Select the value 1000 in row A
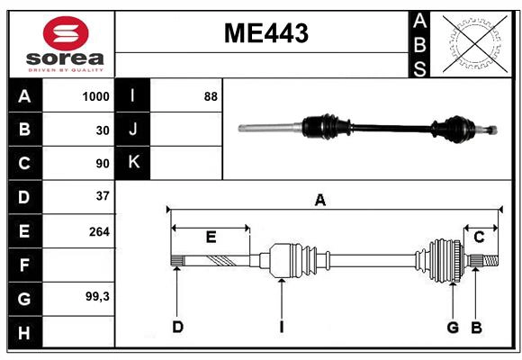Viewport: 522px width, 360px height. point(95,96)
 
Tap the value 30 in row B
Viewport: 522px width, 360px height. point(102,130)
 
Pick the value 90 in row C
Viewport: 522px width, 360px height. point(102,164)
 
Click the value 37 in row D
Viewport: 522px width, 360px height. point(102,196)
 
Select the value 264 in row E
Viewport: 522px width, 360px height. point(99,231)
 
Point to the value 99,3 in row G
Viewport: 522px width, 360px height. point(96,296)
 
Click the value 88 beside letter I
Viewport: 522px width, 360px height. point(211,96)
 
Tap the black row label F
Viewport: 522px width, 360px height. point(24,265)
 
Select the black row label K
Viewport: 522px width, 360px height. point(133,163)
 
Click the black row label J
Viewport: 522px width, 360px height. point(133,130)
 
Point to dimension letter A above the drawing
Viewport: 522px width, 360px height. point(319,200)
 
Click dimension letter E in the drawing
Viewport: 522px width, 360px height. point(211,238)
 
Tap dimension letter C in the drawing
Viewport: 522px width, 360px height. point(479,237)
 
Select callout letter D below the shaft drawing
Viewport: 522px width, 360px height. point(177,327)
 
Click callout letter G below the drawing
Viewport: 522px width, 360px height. point(453,327)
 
